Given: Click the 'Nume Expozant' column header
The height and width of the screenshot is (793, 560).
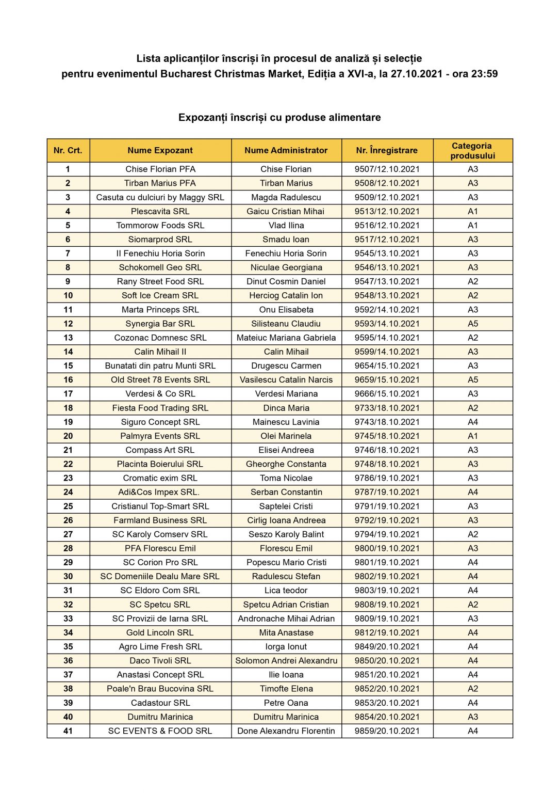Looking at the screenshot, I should (x=160, y=150).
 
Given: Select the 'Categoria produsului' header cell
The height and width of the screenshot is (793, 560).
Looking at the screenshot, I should (x=472, y=150).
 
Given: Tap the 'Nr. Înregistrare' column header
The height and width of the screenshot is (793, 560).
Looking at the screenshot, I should (x=387, y=150).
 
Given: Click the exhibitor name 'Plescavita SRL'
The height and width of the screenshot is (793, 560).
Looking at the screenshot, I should (x=160, y=211).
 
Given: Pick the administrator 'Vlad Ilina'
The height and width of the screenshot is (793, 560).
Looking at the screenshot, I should (x=286, y=225).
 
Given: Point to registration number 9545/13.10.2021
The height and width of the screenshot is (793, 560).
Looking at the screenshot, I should (x=387, y=253).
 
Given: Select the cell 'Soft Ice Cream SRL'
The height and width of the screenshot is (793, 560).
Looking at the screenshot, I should (x=160, y=295).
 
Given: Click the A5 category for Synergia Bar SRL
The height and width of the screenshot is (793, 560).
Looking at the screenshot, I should (x=472, y=324).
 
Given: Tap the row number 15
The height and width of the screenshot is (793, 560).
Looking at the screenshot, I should (x=68, y=366).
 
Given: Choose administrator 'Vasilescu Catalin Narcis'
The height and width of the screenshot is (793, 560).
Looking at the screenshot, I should (x=286, y=379).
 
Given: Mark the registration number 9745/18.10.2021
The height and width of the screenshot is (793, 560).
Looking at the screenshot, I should (x=387, y=436).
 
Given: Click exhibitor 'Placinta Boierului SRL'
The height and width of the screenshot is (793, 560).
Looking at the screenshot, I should (x=160, y=464).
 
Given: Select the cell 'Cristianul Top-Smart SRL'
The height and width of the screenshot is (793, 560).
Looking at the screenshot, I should (x=160, y=506).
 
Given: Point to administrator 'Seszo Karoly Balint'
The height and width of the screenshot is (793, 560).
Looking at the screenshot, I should (x=286, y=534).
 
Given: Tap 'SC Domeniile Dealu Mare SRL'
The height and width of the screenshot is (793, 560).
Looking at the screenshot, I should (x=160, y=576).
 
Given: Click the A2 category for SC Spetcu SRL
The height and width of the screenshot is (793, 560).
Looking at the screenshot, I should (x=472, y=605).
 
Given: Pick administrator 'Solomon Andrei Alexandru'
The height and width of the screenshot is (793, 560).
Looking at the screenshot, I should (x=286, y=660).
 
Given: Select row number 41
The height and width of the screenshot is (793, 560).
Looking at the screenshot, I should (x=68, y=731).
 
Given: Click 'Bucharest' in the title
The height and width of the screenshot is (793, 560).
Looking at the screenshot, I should (x=186, y=74).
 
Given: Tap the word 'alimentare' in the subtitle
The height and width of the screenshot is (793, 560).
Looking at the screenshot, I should (x=355, y=117).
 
